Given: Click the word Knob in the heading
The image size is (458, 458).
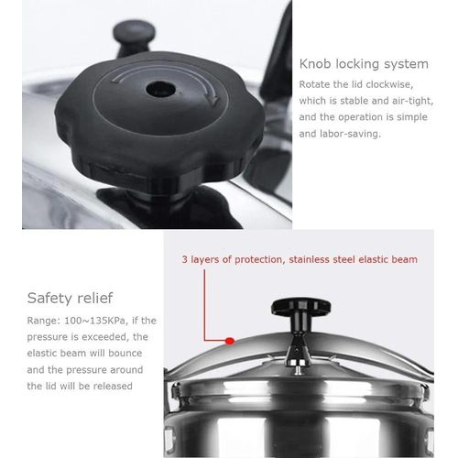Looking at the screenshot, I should pyautogui.click(x=317, y=64).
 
